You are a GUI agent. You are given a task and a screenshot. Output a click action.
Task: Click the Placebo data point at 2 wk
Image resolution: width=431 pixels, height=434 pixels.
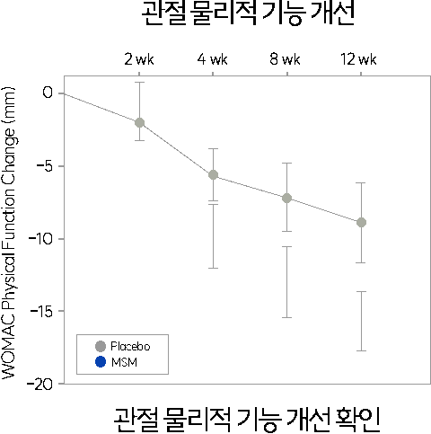coord(139,122)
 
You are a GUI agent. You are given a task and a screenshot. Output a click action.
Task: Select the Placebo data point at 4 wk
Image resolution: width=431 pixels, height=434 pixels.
coord(213,175)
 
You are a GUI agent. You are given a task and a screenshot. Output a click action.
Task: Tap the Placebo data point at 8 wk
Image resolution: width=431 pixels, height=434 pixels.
coord(286,198)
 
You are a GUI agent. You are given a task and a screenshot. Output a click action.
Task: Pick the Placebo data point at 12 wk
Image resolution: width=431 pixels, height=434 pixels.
coord(361,223)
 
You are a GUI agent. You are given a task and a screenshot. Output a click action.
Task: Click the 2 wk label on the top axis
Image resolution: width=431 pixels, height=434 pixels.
coord(139,59)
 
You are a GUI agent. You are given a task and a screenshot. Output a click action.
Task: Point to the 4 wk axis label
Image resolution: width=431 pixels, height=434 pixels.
coord(212,59)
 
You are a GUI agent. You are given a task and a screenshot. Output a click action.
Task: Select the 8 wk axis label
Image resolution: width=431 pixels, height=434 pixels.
coord(285,59)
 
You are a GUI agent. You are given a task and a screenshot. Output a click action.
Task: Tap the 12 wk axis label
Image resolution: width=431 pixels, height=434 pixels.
coord(358,59)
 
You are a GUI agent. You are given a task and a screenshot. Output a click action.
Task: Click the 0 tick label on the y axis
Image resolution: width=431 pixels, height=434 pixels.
coord(48,93)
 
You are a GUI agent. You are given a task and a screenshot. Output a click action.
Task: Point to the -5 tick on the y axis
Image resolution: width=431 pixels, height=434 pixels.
coord(44,166)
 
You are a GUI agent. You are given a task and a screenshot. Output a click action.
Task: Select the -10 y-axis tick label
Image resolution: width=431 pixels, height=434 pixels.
coord(40,239)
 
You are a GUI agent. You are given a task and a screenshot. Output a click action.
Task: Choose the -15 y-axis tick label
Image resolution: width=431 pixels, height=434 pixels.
coord(41,311)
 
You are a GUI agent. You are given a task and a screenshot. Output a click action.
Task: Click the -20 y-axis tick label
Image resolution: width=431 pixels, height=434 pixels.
coord(40,385)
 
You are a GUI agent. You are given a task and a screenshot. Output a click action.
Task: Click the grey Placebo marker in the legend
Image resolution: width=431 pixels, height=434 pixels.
coord(101,346)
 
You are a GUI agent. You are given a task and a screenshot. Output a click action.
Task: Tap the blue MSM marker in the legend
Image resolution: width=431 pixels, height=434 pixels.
coord(101,362)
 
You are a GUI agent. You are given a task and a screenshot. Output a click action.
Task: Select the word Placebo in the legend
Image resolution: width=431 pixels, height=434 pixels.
coord(130,346)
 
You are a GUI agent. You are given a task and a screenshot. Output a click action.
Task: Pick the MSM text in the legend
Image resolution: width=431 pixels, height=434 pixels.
coord(124,362)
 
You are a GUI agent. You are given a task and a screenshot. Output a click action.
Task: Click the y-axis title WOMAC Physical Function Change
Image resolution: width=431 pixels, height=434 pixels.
coord(8,233)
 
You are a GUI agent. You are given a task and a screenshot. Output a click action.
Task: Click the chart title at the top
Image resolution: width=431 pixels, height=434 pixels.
coord(248,13)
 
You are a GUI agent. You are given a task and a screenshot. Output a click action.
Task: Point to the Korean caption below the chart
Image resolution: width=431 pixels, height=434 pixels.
coord(247,420)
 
